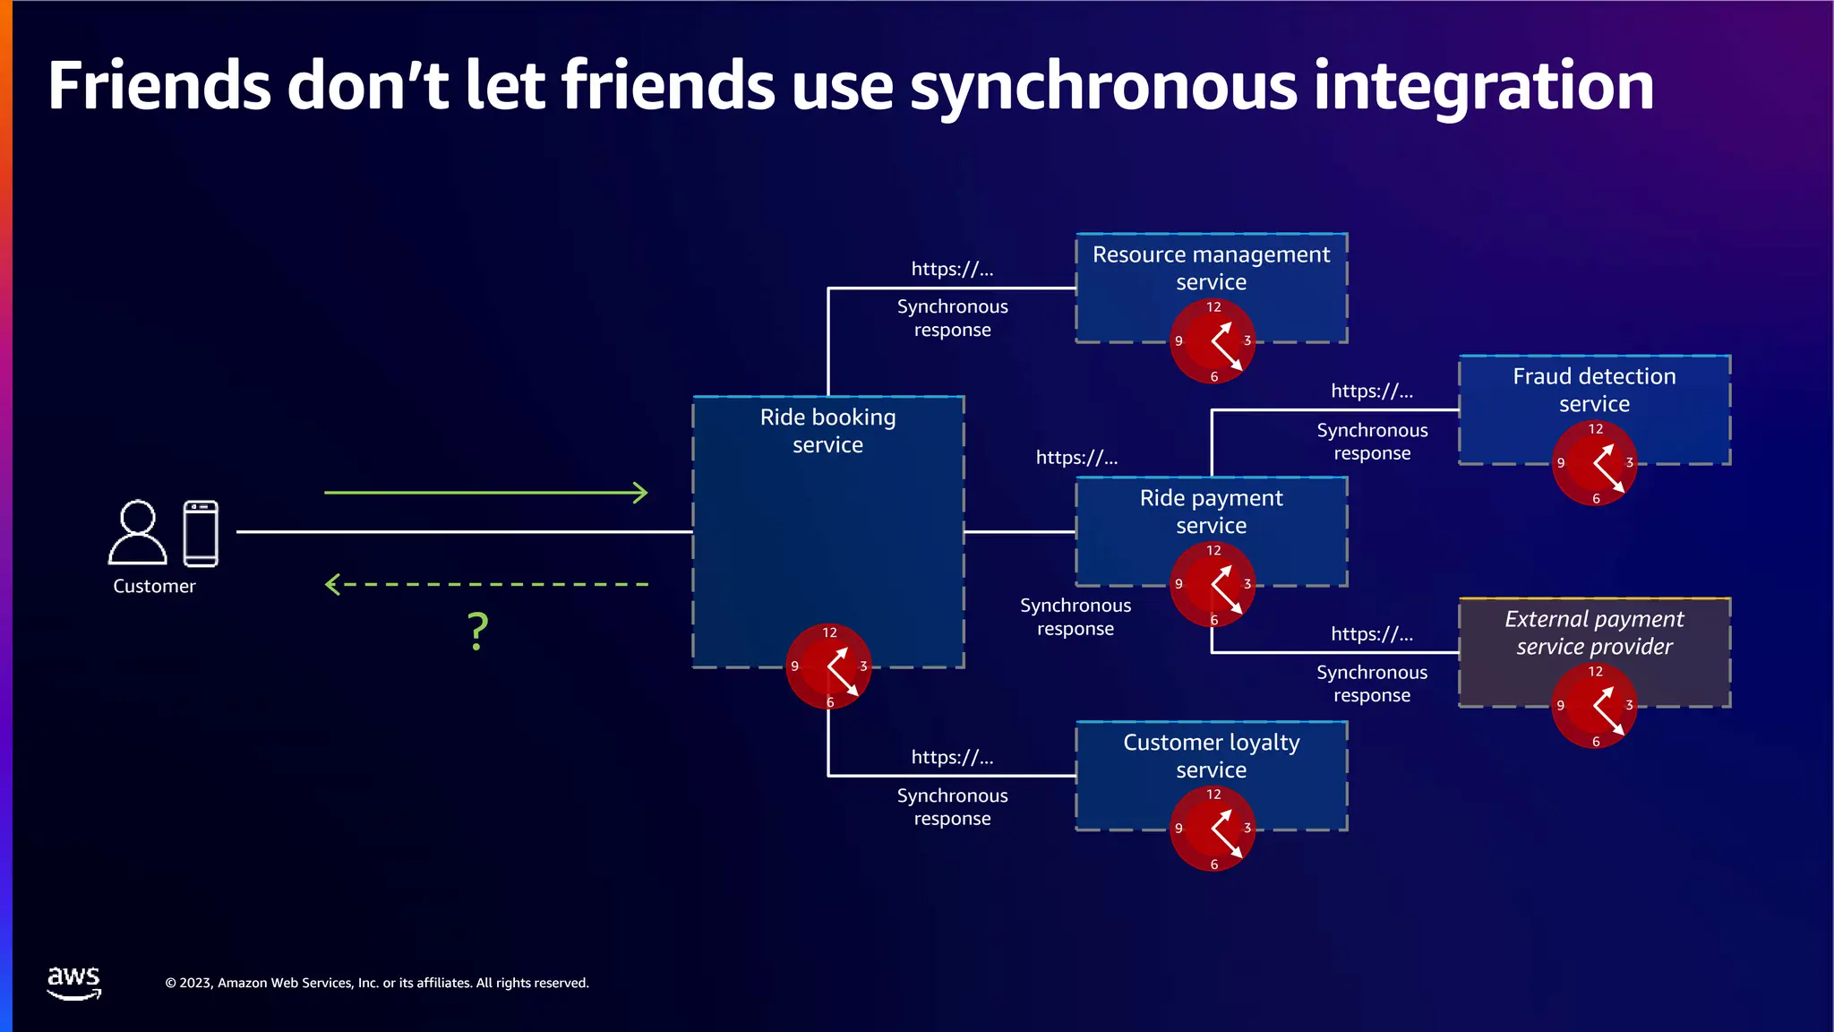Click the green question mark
478,632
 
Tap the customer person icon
138,533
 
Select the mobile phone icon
201,534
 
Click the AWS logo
73,982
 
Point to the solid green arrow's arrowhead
640,493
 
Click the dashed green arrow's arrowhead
332,585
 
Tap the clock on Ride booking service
828,666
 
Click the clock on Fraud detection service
1594,463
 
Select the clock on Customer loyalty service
1213,828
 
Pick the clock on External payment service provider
1594,706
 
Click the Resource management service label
1211,268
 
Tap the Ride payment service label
1211,512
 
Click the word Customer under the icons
154,587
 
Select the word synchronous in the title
1103,87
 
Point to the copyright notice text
377,983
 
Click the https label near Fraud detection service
1371,391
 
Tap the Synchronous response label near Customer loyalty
952,807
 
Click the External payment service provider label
1594,632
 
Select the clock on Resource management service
1213,340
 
